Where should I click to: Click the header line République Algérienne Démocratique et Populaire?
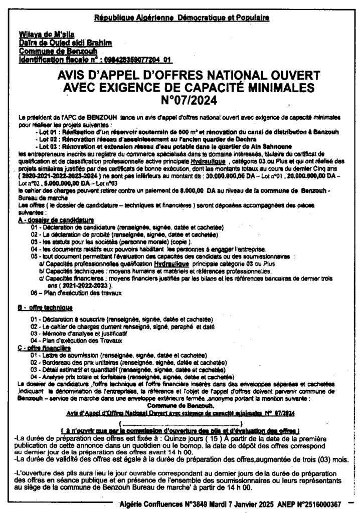click(182, 19)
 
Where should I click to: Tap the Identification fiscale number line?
click(95, 59)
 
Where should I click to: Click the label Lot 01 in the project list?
click(50, 132)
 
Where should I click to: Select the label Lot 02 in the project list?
click(50, 139)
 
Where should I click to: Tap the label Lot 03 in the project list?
click(50, 146)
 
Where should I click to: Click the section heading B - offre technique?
click(45, 307)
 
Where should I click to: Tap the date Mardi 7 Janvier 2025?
click(231, 504)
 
